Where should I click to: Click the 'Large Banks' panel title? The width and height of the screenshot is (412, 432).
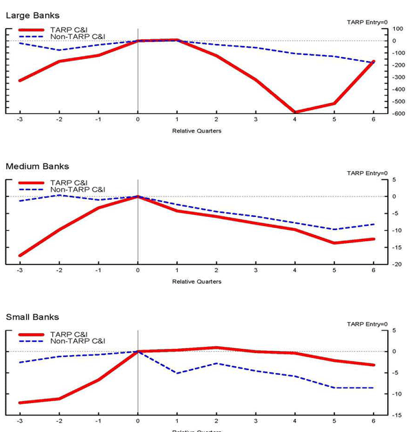[32, 15]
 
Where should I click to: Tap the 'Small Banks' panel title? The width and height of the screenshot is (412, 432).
[32, 317]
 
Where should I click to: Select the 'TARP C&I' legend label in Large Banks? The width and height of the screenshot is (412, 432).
[68, 30]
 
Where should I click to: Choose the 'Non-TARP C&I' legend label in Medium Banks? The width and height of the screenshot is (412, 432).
[77, 190]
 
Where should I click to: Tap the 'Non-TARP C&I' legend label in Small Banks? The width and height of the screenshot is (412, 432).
[77, 341]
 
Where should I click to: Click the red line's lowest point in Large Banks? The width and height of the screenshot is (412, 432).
[295, 112]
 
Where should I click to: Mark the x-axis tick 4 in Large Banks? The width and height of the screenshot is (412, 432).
[295, 120]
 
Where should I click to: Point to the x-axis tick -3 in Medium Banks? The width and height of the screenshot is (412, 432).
[19, 271]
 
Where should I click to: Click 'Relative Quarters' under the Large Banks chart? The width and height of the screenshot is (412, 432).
[196, 130]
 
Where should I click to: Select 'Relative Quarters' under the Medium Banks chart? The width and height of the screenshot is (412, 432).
[196, 282]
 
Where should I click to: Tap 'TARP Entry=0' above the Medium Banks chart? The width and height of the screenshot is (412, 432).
[367, 173]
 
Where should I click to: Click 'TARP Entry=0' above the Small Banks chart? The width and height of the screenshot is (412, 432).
[367, 324]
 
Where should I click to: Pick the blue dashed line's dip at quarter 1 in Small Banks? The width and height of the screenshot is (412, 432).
[177, 373]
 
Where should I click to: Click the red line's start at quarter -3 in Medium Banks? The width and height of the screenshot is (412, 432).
[19, 255]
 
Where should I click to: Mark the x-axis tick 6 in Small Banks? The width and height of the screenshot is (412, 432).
[374, 421]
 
